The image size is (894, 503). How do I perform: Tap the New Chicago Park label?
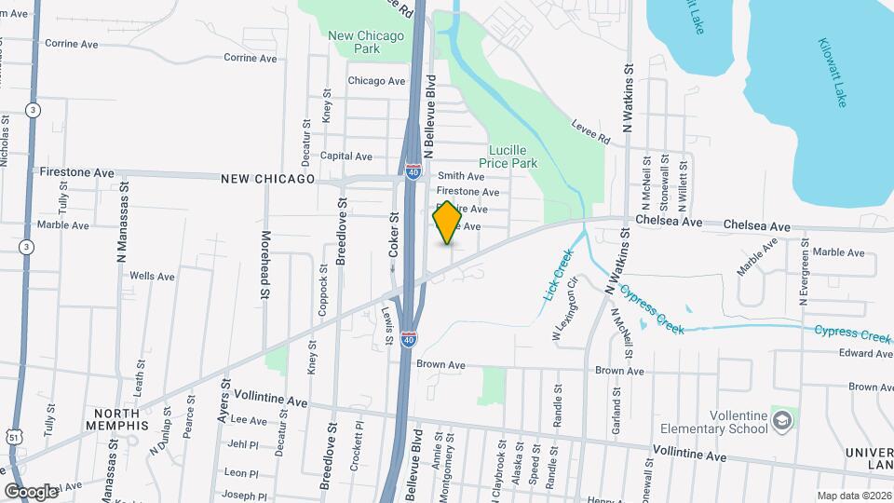click(366, 42)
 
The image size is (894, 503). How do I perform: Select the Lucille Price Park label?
click(514, 156)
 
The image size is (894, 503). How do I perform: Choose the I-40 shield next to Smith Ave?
click(413, 171)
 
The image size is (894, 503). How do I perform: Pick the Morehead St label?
click(265, 265)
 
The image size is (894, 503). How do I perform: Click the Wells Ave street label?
click(152, 277)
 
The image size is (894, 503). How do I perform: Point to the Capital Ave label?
click(346, 156)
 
